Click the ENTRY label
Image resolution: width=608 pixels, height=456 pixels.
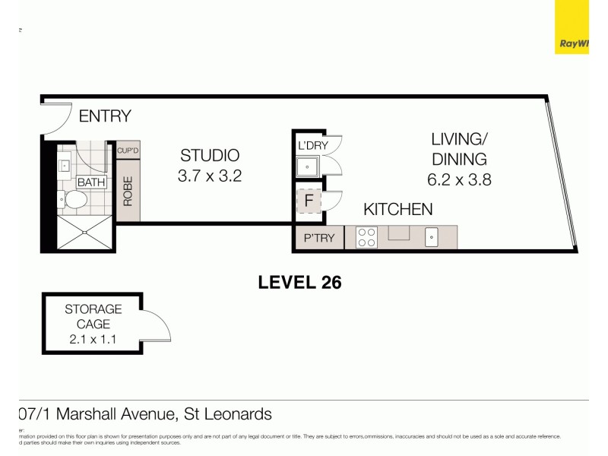[105, 116]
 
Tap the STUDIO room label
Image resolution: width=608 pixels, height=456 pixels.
[209, 155]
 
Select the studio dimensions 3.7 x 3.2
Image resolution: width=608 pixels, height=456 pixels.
[209, 176]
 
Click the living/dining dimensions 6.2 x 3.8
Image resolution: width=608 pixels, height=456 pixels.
[459, 181]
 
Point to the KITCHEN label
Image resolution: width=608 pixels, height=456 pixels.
[397, 209]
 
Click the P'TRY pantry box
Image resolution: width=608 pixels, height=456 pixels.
[319, 238]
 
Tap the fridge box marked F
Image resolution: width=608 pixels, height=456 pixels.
[309, 201]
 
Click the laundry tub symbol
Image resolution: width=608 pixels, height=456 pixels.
[309, 167]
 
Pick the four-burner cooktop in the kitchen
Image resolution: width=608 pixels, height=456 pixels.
[366, 238]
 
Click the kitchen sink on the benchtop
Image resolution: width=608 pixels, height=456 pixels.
[432, 238]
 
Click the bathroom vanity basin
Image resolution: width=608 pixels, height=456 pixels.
[64, 165]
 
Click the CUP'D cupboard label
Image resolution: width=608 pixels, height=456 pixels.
[128, 150]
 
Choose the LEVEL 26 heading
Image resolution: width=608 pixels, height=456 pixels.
[299, 283]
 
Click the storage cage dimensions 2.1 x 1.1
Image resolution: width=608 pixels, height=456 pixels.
[93, 339]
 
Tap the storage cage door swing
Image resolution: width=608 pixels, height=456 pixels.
[157, 327]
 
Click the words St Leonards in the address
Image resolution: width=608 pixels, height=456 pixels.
[229, 414]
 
